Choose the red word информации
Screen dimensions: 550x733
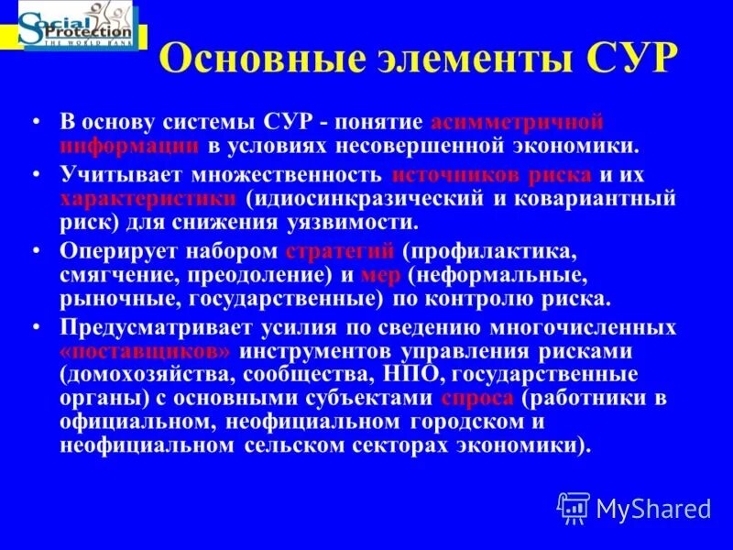(x=129, y=145)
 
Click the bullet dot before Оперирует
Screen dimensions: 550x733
(x=36, y=250)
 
